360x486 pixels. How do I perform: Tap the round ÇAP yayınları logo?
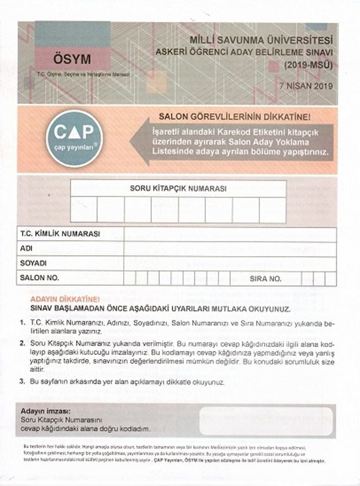pos(74,137)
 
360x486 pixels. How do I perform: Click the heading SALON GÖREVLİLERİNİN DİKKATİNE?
pos(242,116)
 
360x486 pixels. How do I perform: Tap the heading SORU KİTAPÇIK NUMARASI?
pos(178,188)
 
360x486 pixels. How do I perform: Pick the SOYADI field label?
pos(33,264)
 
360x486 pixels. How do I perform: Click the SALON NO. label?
pos(39,278)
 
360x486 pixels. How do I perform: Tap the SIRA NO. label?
pos(265,279)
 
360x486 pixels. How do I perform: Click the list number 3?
pos(22,381)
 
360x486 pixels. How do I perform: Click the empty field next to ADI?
pos(229,249)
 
